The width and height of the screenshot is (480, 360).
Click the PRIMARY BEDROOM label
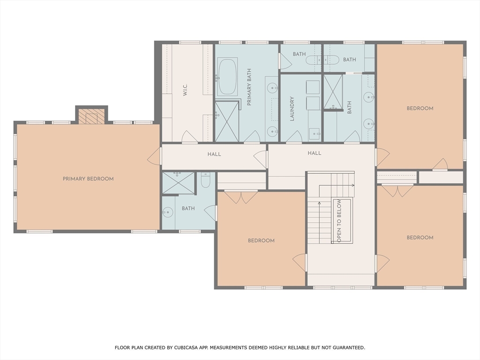point(88,179)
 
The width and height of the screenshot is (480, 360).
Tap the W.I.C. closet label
point(185,90)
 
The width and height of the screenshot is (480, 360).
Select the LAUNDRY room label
point(292,109)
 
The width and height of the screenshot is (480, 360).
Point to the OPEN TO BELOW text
point(339,221)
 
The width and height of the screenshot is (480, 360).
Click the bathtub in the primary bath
point(227,76)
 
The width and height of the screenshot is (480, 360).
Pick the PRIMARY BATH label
point(249,87)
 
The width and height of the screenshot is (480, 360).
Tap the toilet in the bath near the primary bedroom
point(205,180)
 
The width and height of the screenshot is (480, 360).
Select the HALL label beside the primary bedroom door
point(214,154)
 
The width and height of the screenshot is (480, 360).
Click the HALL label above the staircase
point(315,153)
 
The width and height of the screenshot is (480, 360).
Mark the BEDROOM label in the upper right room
point(420,108)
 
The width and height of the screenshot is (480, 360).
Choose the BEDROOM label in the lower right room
point(420,238)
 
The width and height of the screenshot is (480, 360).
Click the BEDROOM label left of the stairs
point(261,240)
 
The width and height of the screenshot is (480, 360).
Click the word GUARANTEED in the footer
point(349,347)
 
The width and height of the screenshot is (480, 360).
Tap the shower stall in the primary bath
point(227,121)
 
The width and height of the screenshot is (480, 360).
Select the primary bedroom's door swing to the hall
point(154,156)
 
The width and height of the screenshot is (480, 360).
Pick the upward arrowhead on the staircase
point(319,203)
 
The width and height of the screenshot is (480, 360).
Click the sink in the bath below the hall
point(167,212)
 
